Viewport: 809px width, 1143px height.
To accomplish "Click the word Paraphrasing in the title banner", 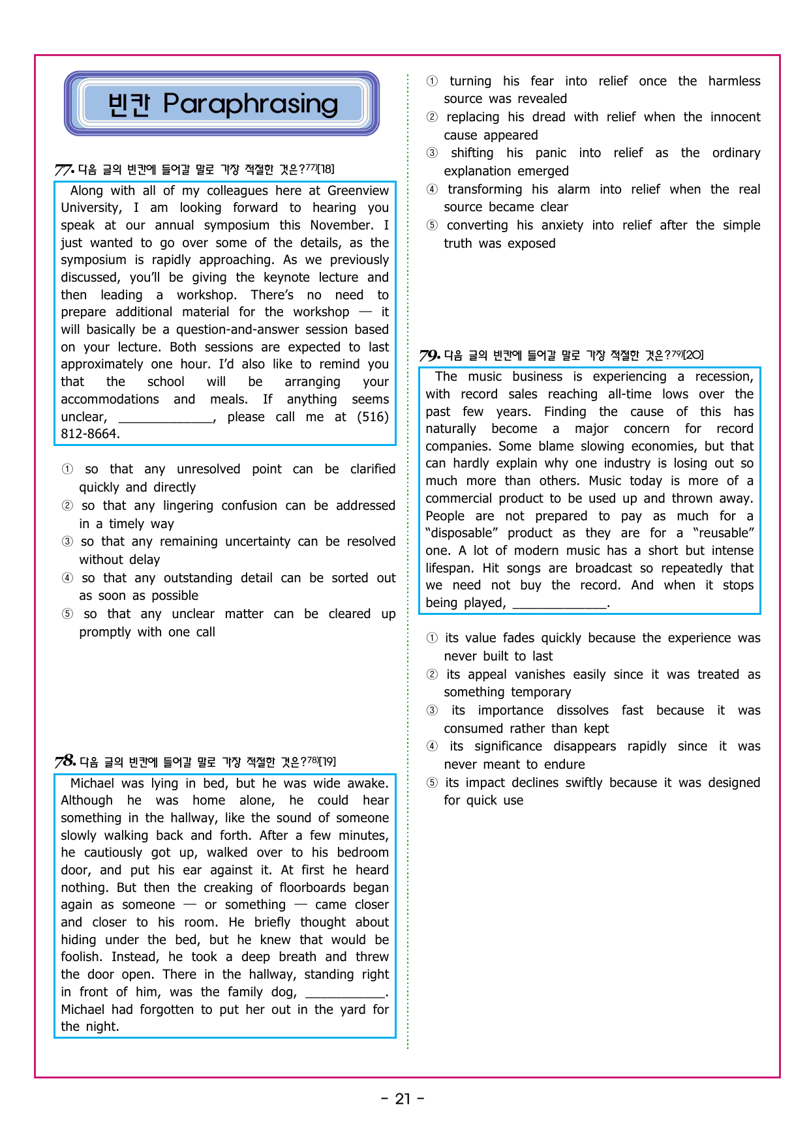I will coord(251,104).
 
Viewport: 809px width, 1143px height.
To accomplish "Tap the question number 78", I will coord(65,762).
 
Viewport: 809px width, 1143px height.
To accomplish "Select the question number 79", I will coord(429,355).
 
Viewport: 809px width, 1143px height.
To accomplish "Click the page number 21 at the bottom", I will coord(403,1099).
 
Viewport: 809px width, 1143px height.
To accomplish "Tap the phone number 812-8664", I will coord(90,434).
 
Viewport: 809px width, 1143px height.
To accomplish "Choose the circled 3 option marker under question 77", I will coord(67,542).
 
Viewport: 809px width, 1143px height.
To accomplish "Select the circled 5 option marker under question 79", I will coord(432,782).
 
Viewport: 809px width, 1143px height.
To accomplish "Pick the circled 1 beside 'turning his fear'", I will coord(432,82).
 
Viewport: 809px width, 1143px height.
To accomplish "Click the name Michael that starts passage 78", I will coord(93,783).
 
